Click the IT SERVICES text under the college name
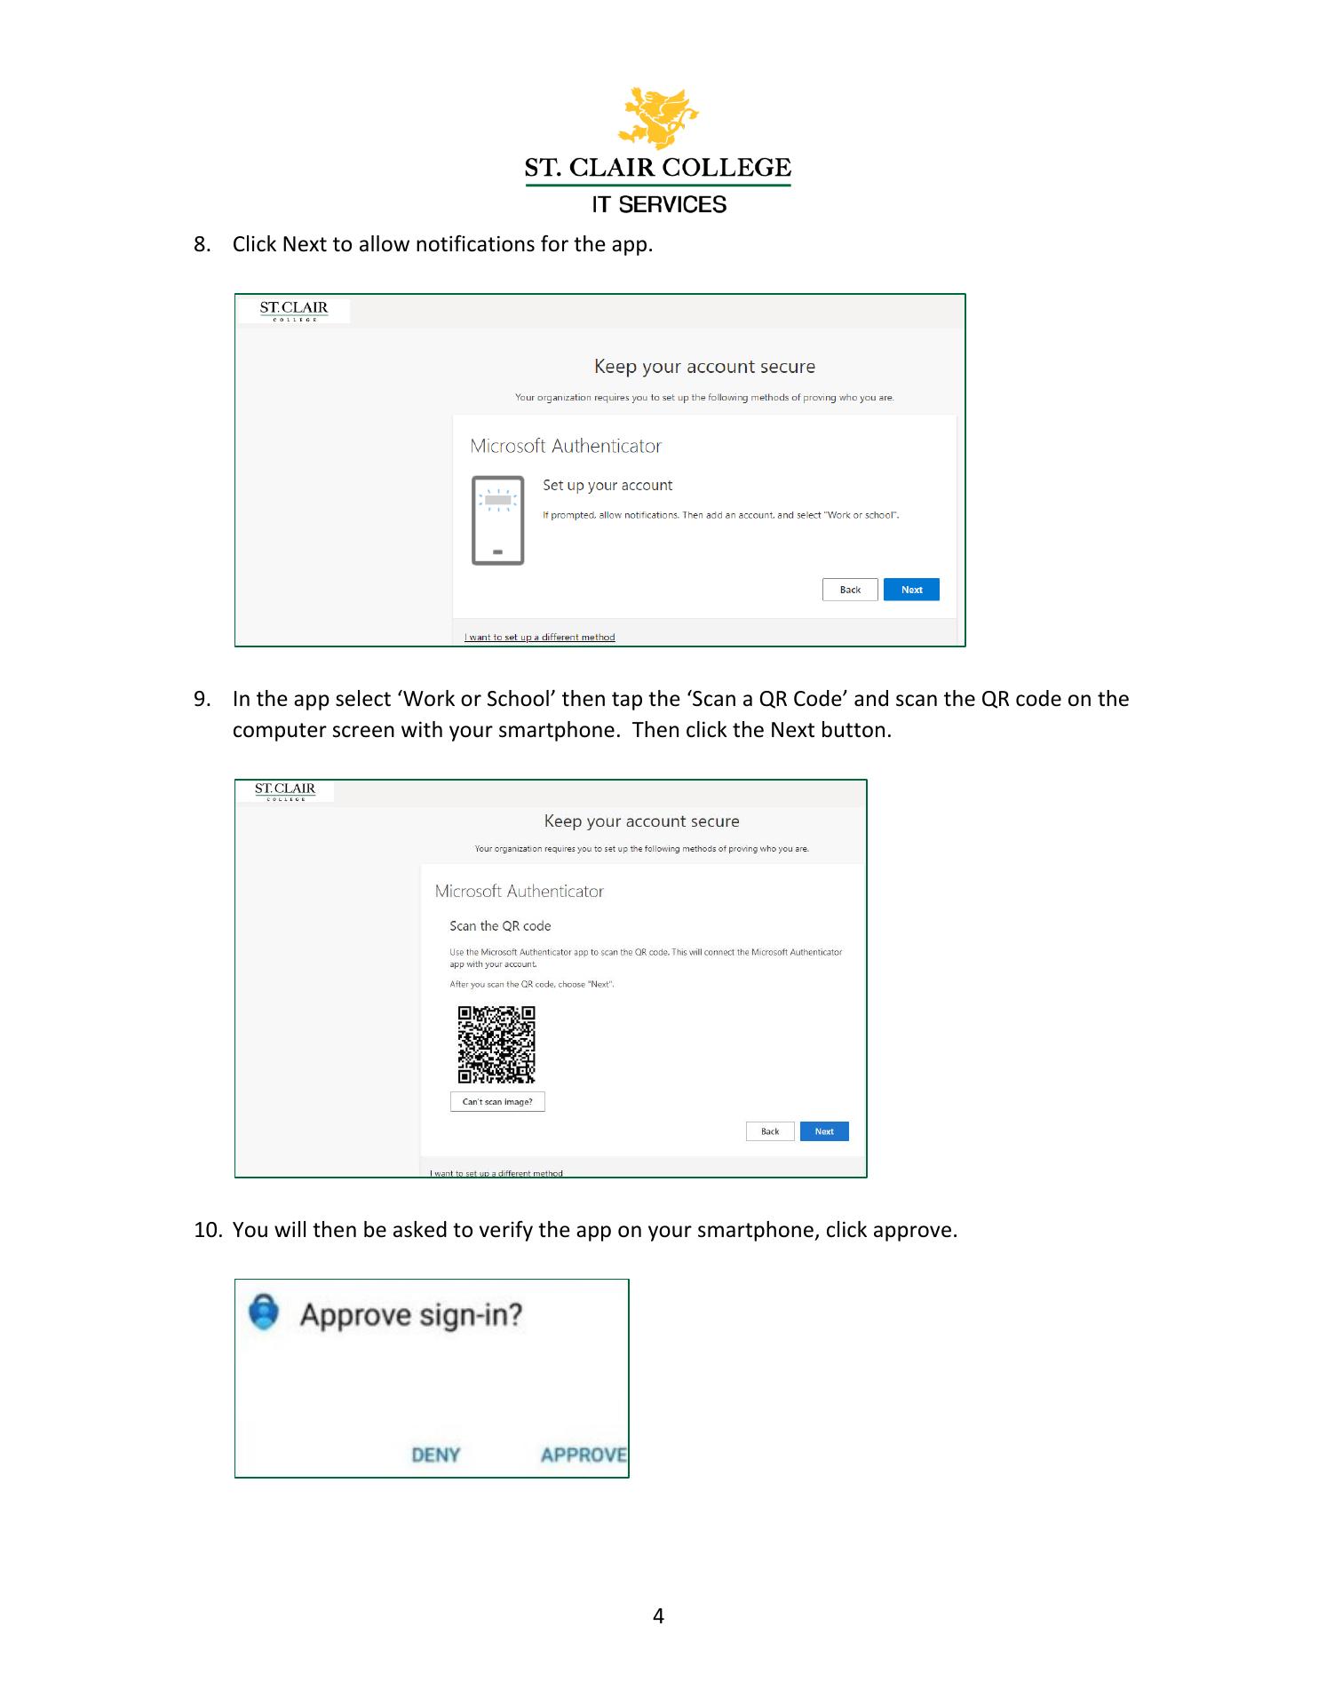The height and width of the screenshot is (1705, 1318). pos(659,204)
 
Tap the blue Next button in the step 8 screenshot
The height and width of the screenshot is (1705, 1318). pos(911,590)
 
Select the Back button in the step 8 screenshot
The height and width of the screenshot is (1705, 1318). pos(850,590)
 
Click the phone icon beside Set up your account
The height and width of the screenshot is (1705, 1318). pos(497,520)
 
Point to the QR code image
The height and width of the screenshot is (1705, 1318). pos(496,1044)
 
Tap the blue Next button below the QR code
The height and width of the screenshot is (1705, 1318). pos(824,1131)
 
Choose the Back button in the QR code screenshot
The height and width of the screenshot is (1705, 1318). pos(770,1131)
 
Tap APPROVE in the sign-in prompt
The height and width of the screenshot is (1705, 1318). pos(584,1455)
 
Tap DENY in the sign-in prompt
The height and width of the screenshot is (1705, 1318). pos(436,1455)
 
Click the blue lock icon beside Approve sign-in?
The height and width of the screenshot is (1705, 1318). pos(264,1312)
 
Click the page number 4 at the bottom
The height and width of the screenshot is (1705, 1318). pos(658,1615)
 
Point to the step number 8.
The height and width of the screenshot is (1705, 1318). pos(202,244)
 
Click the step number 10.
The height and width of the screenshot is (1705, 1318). pos(208,1230)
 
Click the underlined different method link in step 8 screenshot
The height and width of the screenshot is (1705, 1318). pos(539,637)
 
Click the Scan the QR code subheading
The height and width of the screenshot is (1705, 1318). pos(500,926)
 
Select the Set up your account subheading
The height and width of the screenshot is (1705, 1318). pos(607,486)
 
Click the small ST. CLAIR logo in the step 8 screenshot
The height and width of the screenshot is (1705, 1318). pos(293,311)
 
